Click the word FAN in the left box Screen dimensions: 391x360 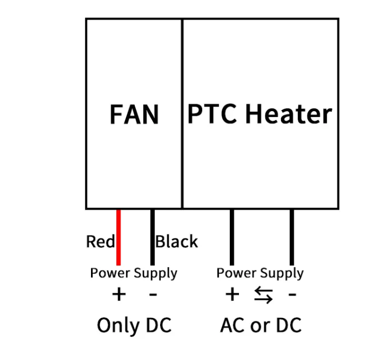134,115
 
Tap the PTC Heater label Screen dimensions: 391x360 260,114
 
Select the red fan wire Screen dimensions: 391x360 118,236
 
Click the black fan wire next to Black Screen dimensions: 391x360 152,236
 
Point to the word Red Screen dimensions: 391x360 100,241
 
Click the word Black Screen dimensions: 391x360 177,241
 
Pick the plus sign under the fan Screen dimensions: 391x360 118,294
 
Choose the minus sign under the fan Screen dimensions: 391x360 153,294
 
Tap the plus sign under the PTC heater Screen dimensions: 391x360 231,294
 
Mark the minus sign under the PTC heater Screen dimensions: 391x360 293,294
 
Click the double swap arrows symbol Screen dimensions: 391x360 263,295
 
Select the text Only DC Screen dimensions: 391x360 134,325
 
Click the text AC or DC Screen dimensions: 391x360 261,325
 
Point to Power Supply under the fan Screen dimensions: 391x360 134,273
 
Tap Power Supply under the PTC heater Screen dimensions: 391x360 260,273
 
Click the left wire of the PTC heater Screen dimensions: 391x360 231,236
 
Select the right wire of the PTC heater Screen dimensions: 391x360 292,236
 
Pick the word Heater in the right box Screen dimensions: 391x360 288,114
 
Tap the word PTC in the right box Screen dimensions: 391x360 212,114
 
